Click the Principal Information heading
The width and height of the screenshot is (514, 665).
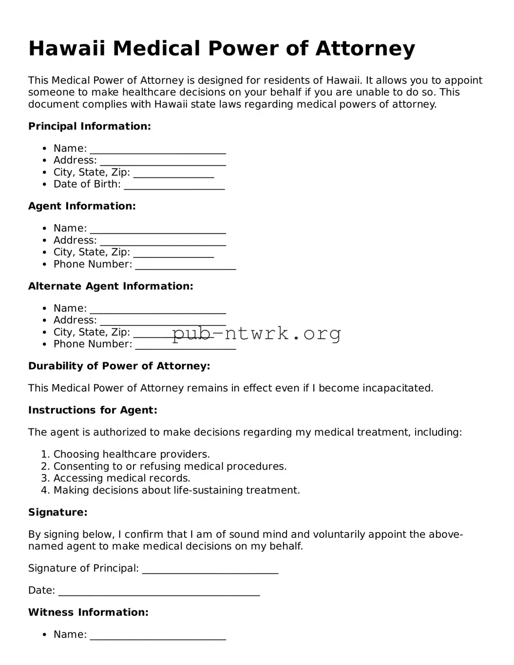90,126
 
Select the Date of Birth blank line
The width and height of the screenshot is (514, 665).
174,185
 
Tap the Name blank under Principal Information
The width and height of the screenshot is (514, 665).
158,149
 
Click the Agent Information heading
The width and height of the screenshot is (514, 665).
82,206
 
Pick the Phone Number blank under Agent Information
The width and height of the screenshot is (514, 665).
186,265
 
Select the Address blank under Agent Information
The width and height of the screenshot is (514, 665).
163,241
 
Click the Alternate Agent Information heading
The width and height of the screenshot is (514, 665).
111,286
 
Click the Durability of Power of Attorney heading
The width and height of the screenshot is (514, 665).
119,366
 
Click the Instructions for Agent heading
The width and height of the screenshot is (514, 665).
93,410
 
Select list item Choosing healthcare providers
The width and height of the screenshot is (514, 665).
132,455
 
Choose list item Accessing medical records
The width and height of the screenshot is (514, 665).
122,478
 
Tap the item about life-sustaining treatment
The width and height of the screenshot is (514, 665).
176,490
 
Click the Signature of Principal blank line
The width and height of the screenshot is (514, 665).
210,569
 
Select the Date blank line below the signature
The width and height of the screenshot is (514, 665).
159,591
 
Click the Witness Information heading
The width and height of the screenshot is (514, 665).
88,612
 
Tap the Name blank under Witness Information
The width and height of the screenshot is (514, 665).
158,635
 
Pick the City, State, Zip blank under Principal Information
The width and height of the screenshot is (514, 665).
173,173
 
